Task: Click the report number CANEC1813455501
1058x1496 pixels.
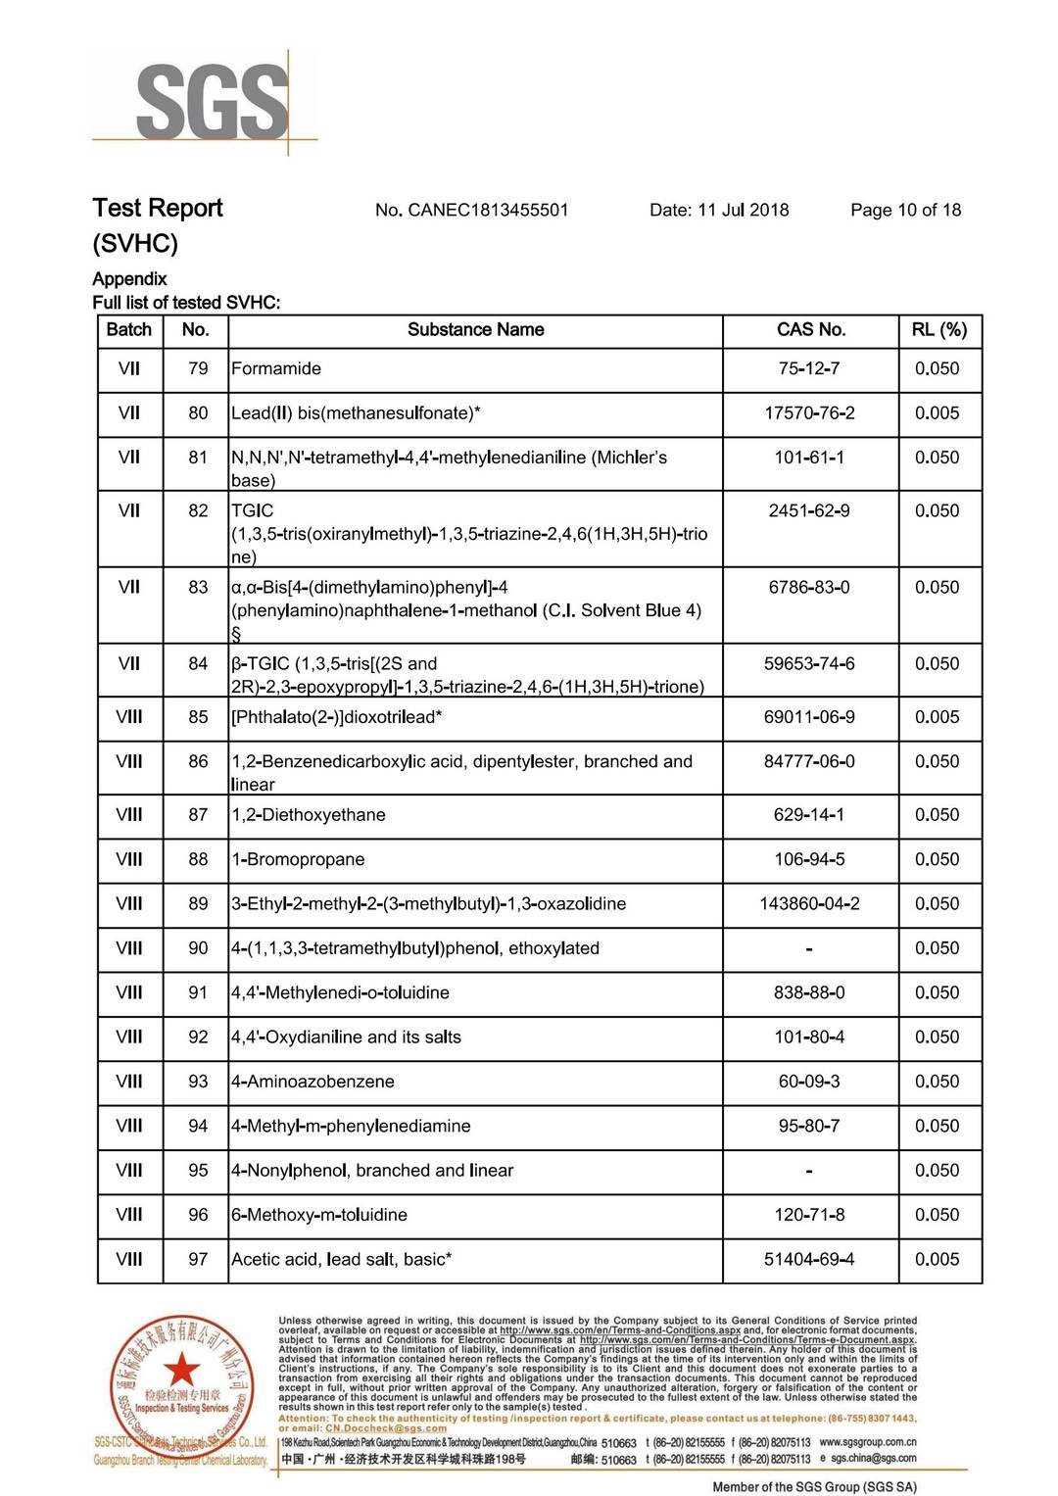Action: point(487,210)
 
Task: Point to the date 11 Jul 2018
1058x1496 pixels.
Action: point(743,210)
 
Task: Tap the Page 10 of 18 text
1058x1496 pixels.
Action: point(905,210)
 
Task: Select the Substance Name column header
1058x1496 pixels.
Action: point(475,330)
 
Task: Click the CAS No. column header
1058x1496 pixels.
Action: point(810,330)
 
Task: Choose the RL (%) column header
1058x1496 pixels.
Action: point(938,330)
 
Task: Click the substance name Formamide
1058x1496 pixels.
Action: point(276,369)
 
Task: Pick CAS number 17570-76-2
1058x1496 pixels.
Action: point(809,413)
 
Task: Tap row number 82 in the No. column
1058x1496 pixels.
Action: point(198,511)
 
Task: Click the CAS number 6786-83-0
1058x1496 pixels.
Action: point(809,588)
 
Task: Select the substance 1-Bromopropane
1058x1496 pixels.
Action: point(298,860)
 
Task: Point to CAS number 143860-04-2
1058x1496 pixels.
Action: point(809,904)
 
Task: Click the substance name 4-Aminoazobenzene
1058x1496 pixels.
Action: point(313,1082)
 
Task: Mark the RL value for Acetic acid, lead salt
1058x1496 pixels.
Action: point(937,1260)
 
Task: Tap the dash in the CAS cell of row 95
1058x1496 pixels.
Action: point(809,1172)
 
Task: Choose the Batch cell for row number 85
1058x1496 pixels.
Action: point(129,717)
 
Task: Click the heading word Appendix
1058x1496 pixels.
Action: point(129,279)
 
